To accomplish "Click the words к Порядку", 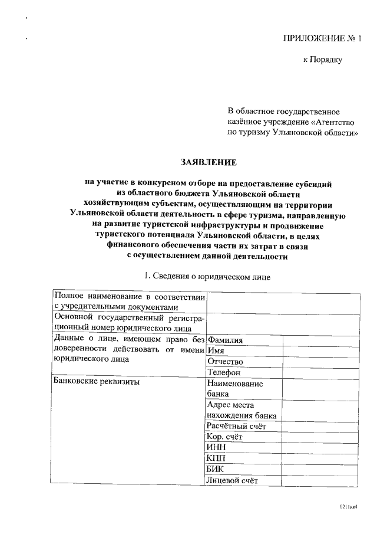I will pyautogui.click(x=322, y=60).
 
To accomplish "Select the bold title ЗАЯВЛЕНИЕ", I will pyautogui.click(x=209, y=162).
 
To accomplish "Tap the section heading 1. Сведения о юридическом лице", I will pyautogui.click(x=207, y=276).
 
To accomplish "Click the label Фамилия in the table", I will pyautogui.click(x=226, y=340).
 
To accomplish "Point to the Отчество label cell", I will pyautogui.click(x=226, y=362).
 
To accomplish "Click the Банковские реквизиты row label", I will pyautogui.click(x=97, y=382).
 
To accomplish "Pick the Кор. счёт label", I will pyautogui.click(x=225, y=437).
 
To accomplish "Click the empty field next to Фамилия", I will pyautogui.click(x=321, y=340).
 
